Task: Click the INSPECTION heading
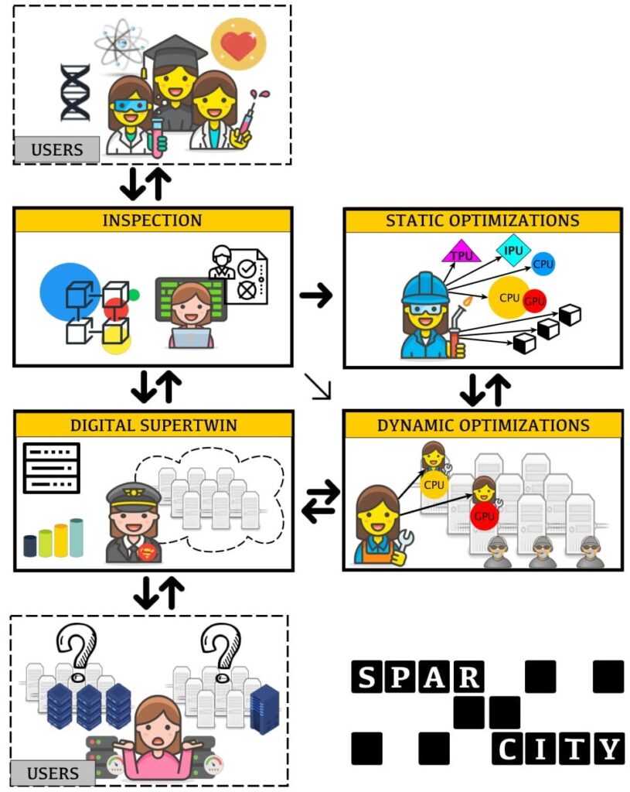(x=152, y=220)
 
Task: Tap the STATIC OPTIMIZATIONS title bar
(x=482, y=220)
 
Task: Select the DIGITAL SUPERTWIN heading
(x=152, y=425)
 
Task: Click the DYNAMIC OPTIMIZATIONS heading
(x=482, y=425)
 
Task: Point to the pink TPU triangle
(x=461, y=252)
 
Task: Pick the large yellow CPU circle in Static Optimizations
(x=509, y=298)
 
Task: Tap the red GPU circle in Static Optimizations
(x=534, y=301)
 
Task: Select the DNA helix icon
(x=75, y=92)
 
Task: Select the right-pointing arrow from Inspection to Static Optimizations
(x=315, y=294)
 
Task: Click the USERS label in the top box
(x=56, y=149)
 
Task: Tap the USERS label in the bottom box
(x=53, y=772)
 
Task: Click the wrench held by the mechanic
(x=403, y=542)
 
